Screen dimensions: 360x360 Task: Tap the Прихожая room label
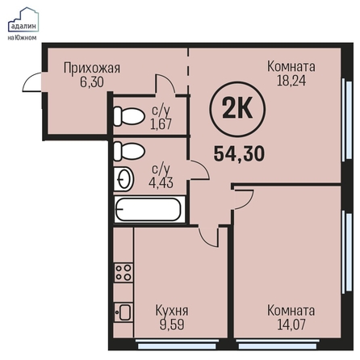tap(92, 68)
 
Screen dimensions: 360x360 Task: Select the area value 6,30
tap(92, 82)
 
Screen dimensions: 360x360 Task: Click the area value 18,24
tap(291, 81)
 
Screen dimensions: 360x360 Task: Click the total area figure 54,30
tap(239, 154)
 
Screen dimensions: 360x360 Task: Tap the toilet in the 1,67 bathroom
tap(128, 116)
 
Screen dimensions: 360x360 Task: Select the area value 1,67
tap(161, 124)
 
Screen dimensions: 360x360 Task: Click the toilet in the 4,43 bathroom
tap(129, 151)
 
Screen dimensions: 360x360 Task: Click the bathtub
tap(149, 210)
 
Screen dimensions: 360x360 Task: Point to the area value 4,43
tap(161, 182)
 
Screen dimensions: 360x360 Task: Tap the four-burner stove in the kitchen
tap(123, 272)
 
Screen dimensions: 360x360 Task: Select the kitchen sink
tap(123, 312)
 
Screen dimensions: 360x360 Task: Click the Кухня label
tap(172, 311)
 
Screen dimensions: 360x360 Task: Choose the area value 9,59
tap(172, 324)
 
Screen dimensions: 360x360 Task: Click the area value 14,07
tap(291, 324)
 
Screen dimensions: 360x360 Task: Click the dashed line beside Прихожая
tap(188, 70)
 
